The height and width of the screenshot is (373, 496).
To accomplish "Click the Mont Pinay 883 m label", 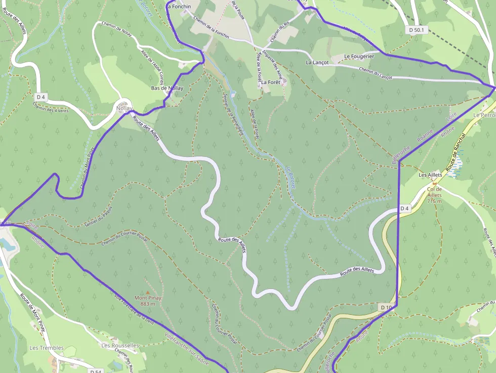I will [148, 301].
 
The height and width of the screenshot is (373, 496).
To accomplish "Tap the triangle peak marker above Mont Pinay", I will [148, 293].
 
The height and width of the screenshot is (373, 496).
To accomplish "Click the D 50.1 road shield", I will [418, 30].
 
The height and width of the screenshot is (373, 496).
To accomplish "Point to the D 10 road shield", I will [386, 307].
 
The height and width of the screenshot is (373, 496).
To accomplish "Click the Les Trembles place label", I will [47, 348].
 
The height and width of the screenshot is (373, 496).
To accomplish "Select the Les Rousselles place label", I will [119, 345].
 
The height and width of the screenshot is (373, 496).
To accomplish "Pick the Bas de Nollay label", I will [167, 88].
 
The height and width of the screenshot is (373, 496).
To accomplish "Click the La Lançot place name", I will [317, 62].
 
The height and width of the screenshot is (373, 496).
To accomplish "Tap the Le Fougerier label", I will [359, 56].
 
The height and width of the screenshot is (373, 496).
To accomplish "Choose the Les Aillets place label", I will [430, 175].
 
